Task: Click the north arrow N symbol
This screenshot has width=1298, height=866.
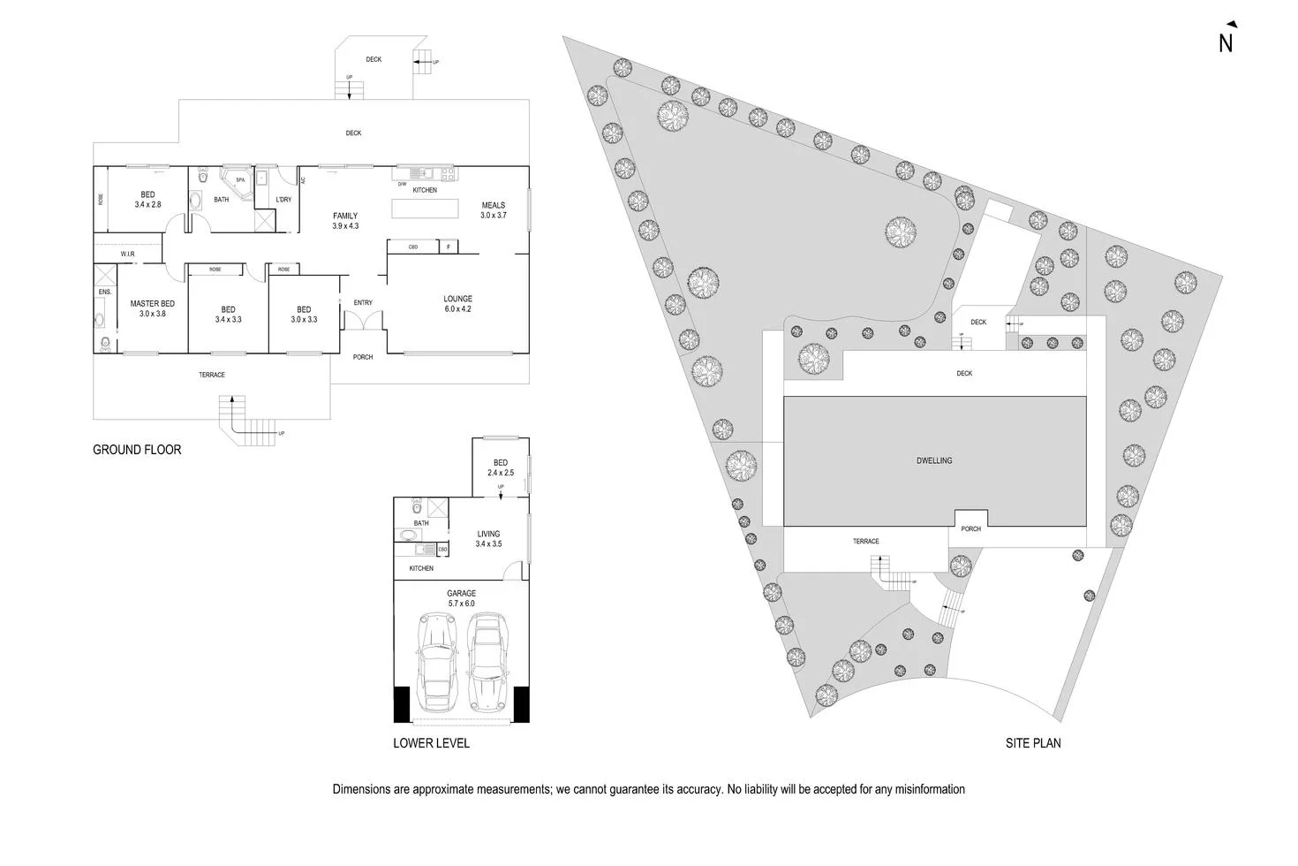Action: (x=1226, y=41)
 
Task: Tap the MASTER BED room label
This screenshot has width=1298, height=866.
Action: (x=152, y=308)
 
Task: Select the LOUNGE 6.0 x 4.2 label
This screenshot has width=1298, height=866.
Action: (x=457, y=304)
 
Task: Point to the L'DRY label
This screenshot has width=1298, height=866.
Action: (x=283, y=200)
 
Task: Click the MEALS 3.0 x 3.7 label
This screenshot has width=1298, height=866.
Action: (x=493, y=210)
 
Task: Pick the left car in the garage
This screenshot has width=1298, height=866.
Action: (x=438, y=663)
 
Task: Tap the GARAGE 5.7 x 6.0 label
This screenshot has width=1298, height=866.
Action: (x=461, y=598)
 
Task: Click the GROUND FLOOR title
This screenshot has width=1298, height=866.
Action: (x=137, y=450)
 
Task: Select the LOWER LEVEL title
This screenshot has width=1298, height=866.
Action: (x=431, y=743)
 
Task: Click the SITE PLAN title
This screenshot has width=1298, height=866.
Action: (x=1033, y=743)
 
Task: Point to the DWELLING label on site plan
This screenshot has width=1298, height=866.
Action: (x=933, y=460)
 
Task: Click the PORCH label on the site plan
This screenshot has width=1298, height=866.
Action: (x=970, y=528)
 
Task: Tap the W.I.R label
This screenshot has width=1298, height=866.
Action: (x=128, y=254)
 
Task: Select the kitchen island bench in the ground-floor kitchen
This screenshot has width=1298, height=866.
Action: (x=426, y=209)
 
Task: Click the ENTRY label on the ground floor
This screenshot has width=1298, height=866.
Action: (x=363, y=303)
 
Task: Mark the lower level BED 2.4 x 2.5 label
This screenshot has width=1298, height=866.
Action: (x=501, y=467)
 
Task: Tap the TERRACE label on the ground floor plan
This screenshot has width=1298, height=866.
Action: (x=212, y=375)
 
